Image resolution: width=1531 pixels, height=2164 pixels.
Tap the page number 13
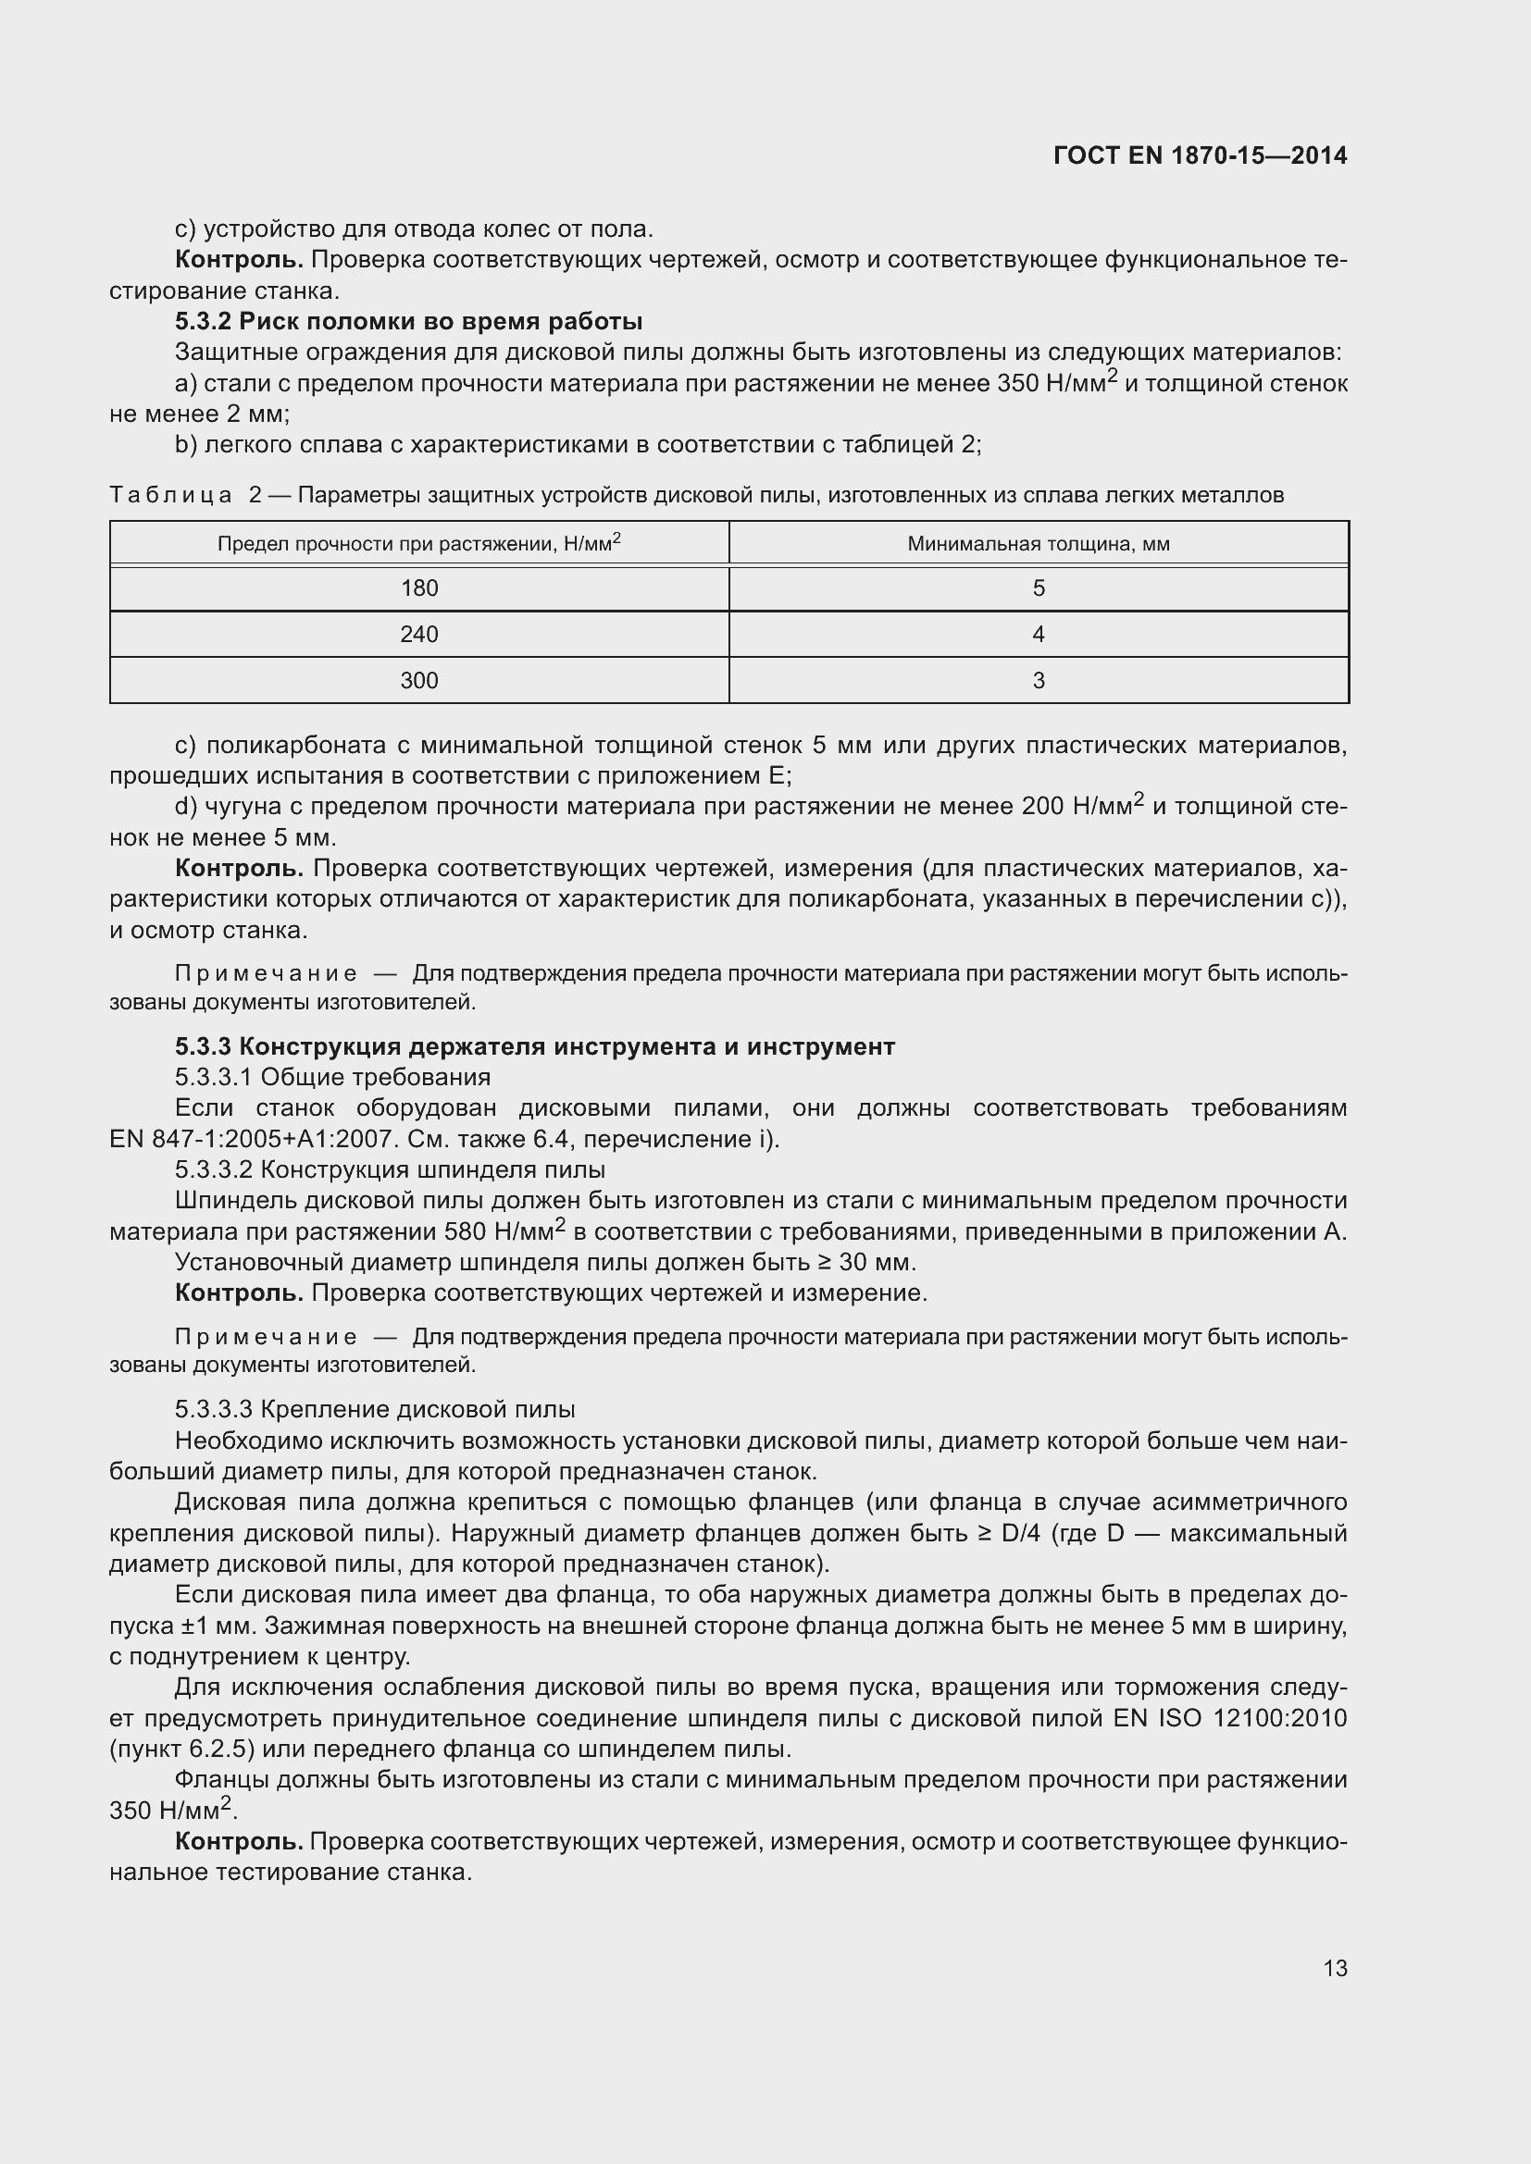pos(1335,1968)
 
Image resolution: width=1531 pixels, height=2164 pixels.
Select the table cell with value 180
pos(418,588)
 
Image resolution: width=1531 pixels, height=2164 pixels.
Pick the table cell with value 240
pos(418,635)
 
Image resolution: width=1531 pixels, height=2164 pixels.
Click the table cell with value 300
pos(418,681)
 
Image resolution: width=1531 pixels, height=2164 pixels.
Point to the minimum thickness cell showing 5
pos(1038,588)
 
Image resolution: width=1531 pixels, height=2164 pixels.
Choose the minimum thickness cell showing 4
pos(1038,635)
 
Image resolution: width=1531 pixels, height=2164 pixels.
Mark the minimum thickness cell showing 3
pos(1038,681)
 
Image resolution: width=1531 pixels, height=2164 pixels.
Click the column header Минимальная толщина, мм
pos(1038,544)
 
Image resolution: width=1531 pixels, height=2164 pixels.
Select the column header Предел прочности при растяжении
pos(418,544)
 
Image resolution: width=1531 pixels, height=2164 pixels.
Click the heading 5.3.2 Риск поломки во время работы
pos(408,321)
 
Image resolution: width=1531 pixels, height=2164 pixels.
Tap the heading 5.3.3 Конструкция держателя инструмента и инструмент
pos(534,1046)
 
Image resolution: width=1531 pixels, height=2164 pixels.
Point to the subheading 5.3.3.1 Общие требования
pos(332,1077)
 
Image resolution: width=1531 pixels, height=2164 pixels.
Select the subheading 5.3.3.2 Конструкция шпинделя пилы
pos(390,1169)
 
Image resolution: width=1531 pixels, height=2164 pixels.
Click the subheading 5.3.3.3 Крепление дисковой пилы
pos(374,1409)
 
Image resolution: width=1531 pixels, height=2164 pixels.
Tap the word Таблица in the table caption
pos(170,495)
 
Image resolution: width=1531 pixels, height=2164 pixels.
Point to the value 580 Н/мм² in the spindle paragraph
pos(507,1230)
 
